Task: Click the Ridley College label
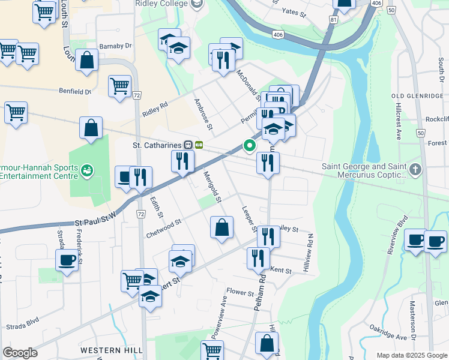[162, 4]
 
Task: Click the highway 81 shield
[333, 20]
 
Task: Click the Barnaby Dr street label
[115, 46]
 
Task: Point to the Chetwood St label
[163, 229]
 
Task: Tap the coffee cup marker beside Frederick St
[67, 260]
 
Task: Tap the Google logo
[20, 353]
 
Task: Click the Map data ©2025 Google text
[411, 355]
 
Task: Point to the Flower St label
[240, 293]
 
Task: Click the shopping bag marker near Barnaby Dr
[87, 60]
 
